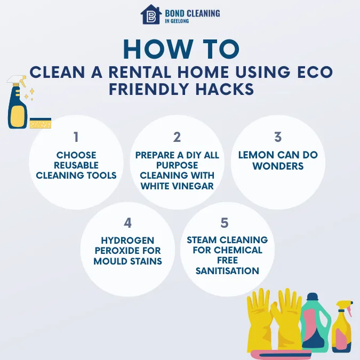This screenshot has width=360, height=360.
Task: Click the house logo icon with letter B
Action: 150,15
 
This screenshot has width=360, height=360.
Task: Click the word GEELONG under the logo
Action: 181,22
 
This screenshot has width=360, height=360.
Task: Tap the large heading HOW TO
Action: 180,50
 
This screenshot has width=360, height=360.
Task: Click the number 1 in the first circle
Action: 76,137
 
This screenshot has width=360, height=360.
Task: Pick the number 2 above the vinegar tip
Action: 177,137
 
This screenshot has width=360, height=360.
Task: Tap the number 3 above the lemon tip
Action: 278,137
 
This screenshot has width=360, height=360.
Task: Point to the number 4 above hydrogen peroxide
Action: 127,222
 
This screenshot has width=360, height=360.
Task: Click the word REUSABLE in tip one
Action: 76,165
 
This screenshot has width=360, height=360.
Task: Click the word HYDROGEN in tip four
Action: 127,241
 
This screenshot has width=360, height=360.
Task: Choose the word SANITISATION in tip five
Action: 227,270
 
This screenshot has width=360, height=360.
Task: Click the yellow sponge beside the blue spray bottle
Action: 41,124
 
